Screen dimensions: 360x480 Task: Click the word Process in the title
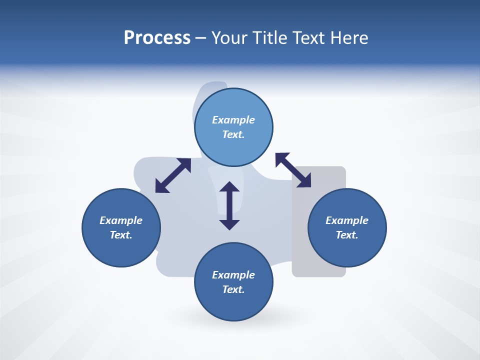[157, 38]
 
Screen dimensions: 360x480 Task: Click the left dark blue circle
[121, 250]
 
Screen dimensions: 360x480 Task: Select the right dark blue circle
[347, 250]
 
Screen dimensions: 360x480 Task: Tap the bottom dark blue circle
[233, 305]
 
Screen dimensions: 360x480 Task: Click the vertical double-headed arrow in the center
[229, 205]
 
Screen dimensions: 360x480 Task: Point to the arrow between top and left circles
[173, 175]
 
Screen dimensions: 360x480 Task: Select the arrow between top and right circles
[293, 170]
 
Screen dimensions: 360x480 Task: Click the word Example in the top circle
[233, 120]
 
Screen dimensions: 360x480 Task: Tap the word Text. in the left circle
[121, 235]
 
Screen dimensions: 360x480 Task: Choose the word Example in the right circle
[347, 220]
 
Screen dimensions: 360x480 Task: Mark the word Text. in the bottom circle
[233, 289]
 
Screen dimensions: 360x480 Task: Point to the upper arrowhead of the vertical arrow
[229, 187]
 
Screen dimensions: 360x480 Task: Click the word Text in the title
[309, 38]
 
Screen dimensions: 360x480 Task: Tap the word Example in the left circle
[121, 220]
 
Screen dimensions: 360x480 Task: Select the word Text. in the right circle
[347, 235]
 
